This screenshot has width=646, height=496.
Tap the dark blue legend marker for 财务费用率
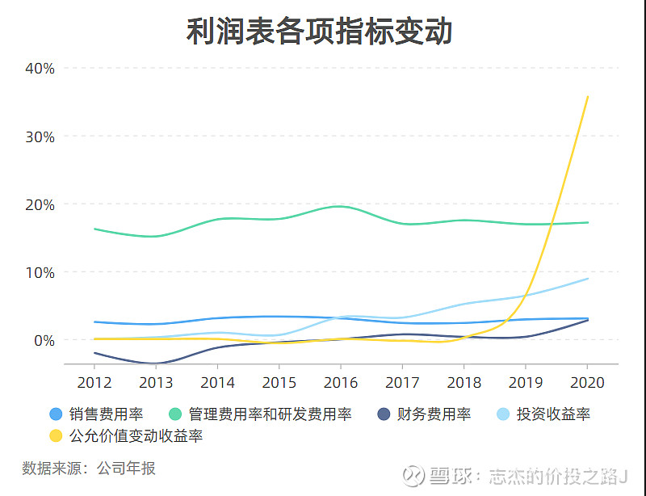(385, 414)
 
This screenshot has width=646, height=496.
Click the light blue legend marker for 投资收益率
(502, 414)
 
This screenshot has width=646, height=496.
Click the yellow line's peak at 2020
(588, 96)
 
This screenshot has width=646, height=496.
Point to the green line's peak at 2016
(342, 206)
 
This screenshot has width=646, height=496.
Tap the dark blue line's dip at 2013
(157, 364)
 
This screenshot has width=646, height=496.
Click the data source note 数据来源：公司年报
(89, 469)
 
